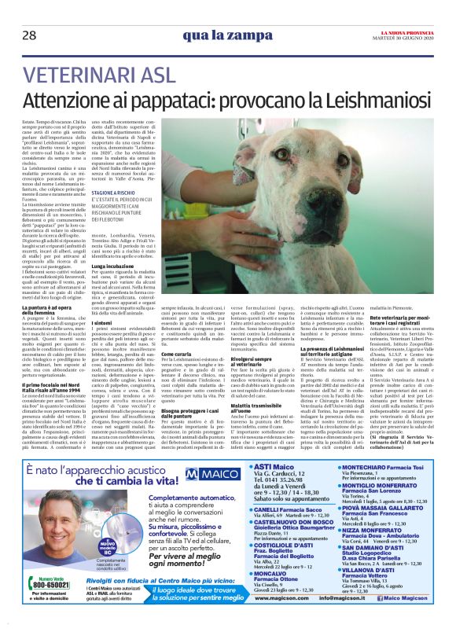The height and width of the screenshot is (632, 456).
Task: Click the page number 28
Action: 29,35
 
